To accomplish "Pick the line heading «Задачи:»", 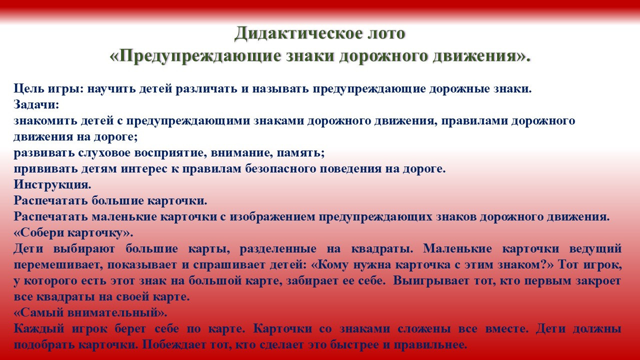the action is coord(36,105).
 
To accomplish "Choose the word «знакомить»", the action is coord(45,121).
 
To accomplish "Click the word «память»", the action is coord(300,153).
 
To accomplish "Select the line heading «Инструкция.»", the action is coord(52,185).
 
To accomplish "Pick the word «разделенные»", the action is coord(278,249).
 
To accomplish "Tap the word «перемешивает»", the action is coord(58,265).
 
